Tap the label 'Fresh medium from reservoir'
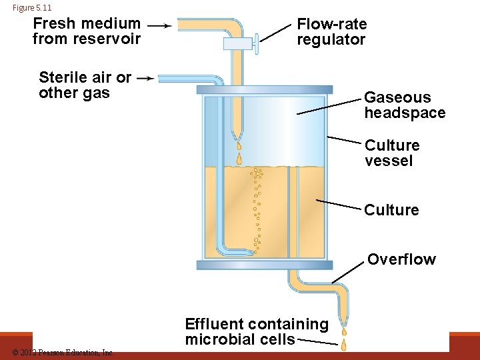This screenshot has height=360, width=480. (87, 31)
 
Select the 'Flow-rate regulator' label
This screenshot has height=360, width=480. (331, 31)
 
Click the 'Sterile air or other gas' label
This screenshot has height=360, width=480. (85, 85)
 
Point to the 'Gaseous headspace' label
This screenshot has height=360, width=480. (404, 105)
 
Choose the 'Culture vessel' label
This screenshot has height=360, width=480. (392, 153)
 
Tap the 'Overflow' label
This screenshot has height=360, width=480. (401, 259)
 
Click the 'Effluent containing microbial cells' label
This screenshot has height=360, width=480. (257, 331)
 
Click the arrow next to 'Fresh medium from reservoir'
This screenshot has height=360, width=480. (159, 25)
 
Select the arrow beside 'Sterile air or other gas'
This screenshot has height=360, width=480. (145, 78)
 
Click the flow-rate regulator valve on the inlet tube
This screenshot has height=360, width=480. (240, 44)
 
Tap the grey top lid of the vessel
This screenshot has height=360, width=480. (264, 89)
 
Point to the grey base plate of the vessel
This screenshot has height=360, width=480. (264, 265)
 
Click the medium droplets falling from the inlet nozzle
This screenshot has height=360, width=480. (239, 153)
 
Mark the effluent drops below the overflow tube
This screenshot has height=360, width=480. (344, 337)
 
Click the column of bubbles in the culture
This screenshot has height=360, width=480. (257, 207)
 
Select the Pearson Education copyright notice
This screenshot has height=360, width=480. (63, 352)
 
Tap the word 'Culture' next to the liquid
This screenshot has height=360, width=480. (391, 210)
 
